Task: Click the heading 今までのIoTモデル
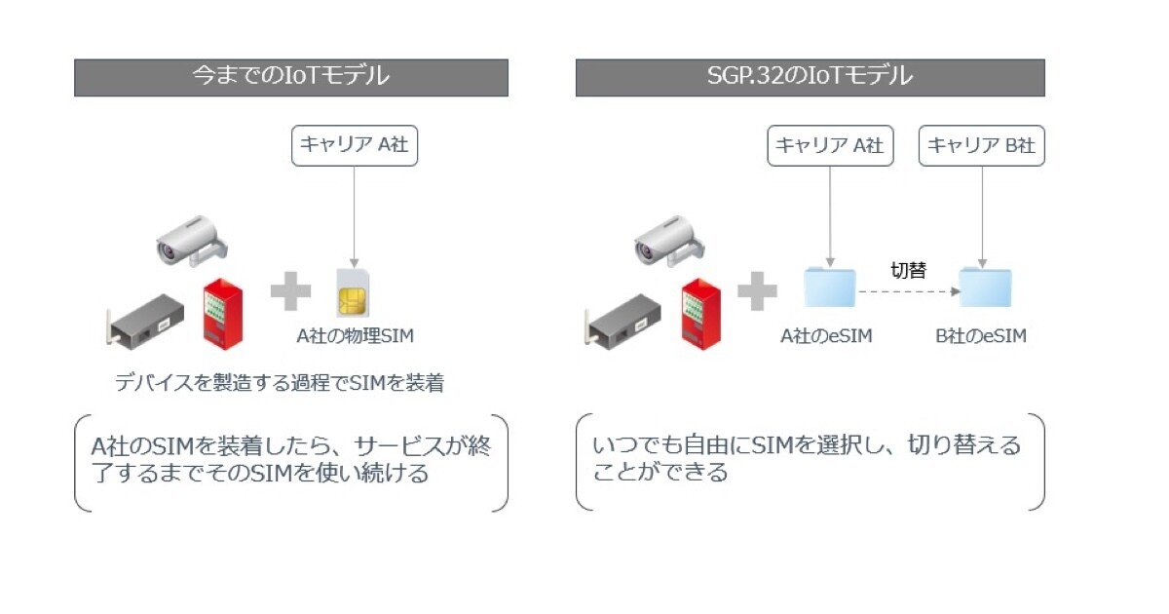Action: pos(290,77)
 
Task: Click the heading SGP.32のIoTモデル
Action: pos(810,77)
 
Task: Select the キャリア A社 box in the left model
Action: pos(354,144)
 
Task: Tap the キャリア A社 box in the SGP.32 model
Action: pos(828,144)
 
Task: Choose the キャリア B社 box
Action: pos(981,144)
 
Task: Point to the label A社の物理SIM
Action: pos(355,336)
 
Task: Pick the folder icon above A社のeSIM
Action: pos(828,288)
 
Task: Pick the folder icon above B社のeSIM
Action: pos(984,288)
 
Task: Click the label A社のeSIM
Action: pos(826,336)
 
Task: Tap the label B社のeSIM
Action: pos(981,336)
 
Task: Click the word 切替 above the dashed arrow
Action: pos(908,270)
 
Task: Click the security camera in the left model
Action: pos(193,240)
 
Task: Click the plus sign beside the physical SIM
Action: pos(290,290)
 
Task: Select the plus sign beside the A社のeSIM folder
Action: pos(757,290)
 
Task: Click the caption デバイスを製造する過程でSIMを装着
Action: pos(280,383)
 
